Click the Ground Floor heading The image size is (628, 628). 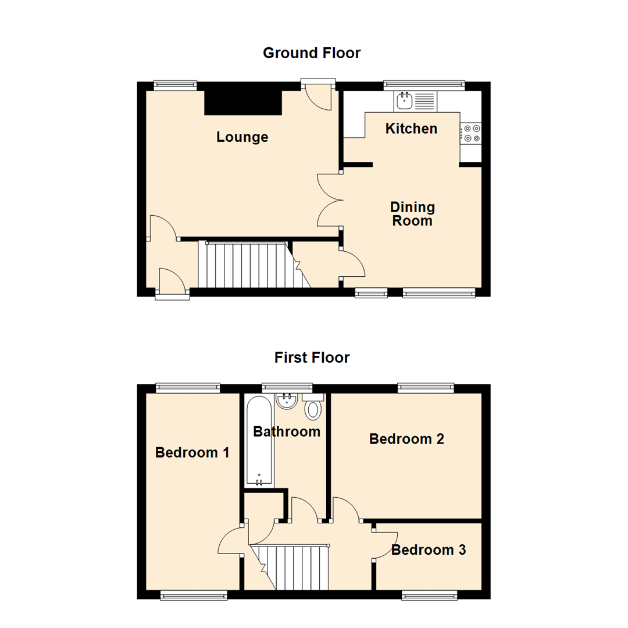[312, 53]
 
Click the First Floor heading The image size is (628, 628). [312, 357]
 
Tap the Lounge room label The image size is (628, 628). [242, 137]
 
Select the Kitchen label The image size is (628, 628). [412, 129]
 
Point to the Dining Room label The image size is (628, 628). [412, 214]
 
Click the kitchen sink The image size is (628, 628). [404, 102]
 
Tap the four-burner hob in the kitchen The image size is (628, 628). [471, 133]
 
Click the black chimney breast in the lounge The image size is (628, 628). [243, 102]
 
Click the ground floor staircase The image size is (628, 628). [250, 265]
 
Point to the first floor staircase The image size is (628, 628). [294, 567]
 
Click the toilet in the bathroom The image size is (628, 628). [313, 409]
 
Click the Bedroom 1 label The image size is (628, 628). [192, 452]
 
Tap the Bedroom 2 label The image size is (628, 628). [407, 439]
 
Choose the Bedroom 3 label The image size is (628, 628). [429, 549]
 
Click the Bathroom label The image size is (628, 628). [287, 431]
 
